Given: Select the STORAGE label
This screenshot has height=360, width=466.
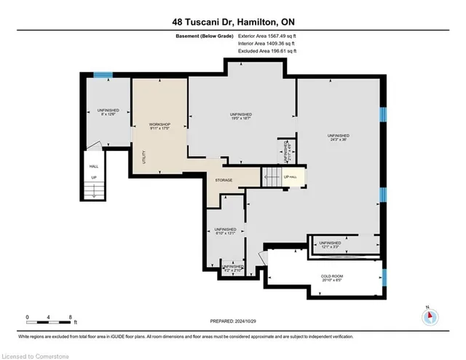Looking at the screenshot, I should point(223,180).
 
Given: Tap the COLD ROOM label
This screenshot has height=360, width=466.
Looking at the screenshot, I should point(332,277).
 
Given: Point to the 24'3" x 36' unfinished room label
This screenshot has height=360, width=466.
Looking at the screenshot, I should point(338,138).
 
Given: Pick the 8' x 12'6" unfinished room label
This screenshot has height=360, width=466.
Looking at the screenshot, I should point(107,113).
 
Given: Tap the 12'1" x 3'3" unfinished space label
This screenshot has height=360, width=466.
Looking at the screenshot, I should point(329,244).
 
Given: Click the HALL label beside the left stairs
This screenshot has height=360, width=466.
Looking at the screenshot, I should point(93,166).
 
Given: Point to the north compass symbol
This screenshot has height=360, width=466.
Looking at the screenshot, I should point(430,316).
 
